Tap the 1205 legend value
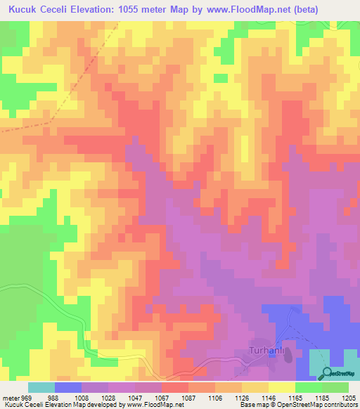(349, 398)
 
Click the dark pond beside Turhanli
(288, 356)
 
